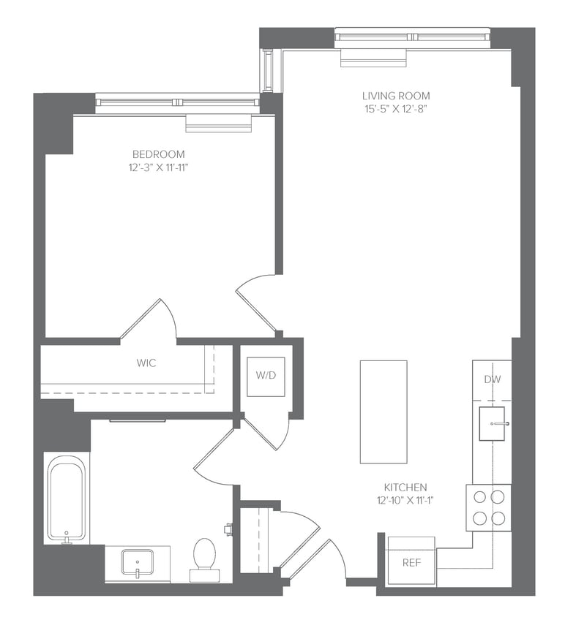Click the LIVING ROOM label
[396, 96]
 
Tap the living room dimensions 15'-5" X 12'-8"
[396, 109]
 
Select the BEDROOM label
[158, 154]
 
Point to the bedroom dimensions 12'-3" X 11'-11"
[158, 167]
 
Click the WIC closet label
[146, 363]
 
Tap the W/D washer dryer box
[265, 376]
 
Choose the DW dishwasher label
[492, 379]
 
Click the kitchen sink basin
[495, 424]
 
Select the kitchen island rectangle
[383, 412]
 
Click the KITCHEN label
[405, 488]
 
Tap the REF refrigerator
[411, 562]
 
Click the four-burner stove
[489, 507]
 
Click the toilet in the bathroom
[204, 558]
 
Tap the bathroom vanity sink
[137, 564]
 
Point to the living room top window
[412, 37]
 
